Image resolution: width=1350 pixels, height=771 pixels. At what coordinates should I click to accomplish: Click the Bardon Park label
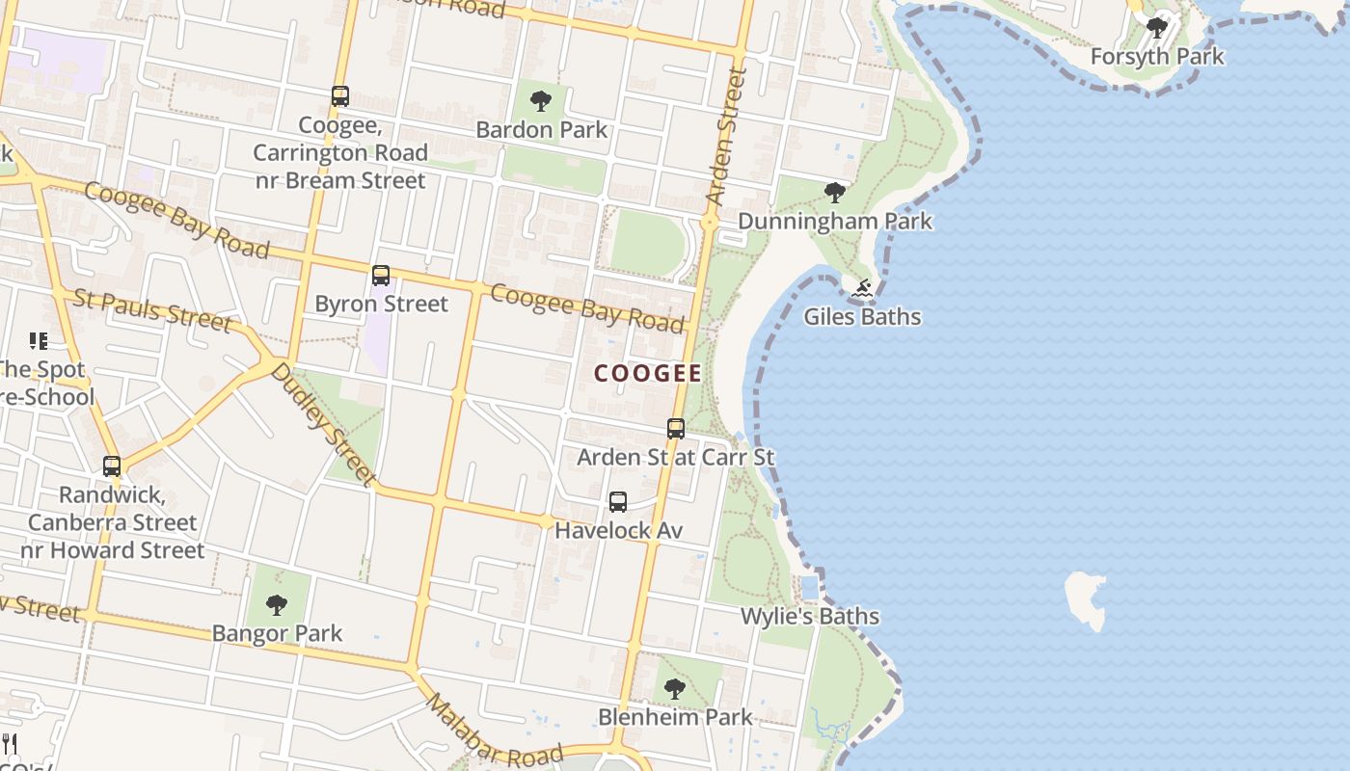[x=542, y=129]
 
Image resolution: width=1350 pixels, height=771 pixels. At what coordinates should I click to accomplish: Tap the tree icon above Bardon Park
[x=541, y=100]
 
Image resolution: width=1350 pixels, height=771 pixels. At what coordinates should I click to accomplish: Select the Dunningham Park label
[x=835, y=221]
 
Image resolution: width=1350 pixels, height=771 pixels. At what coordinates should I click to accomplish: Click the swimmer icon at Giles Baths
[x=862, y=288]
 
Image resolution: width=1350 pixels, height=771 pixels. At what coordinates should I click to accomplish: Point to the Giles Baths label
[x=862, y=316]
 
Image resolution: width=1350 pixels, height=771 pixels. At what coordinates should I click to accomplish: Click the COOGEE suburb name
[x=648, y=373]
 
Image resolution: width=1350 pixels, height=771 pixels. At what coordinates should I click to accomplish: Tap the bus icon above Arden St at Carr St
[x=676, y=429]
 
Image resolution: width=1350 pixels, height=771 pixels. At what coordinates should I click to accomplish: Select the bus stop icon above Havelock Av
[x=618, y=502]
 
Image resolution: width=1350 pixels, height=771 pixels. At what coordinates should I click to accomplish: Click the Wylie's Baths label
[x=810, y=616]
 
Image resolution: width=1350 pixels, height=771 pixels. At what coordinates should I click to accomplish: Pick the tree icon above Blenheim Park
[x=675, y=689]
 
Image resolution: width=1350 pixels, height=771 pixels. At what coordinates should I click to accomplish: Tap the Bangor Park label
[x=277, y=633]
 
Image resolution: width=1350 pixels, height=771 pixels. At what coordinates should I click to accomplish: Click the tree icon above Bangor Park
[x=277, y=605]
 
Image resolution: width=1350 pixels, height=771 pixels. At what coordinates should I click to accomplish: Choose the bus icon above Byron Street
[x=381, y=276]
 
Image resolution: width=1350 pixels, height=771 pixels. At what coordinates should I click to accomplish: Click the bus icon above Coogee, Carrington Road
[x=340, y=96]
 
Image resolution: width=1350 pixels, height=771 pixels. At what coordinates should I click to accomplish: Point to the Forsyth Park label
[x=1157, y=56]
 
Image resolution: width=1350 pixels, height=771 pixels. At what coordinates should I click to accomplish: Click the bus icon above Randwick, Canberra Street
[x=112, y=466]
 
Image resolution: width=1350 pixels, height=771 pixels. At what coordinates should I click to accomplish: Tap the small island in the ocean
[x=1087, y=598]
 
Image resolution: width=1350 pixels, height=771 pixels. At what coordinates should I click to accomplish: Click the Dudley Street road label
[x=322, y=423]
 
